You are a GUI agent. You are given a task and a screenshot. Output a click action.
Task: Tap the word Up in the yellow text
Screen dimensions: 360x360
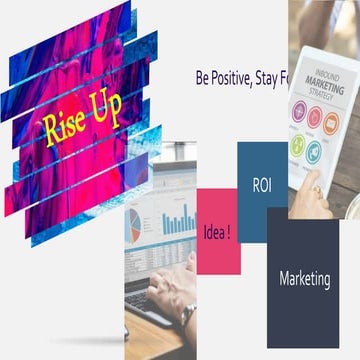click(x=106, y=112)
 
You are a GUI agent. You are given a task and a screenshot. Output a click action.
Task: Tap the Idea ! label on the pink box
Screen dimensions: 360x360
click(x=217, y=231)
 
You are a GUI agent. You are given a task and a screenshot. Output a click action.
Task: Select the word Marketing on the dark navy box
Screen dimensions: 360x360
click(x=304, y=278)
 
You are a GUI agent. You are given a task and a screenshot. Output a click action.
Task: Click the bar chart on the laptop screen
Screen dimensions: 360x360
click(x=179, y=220)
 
